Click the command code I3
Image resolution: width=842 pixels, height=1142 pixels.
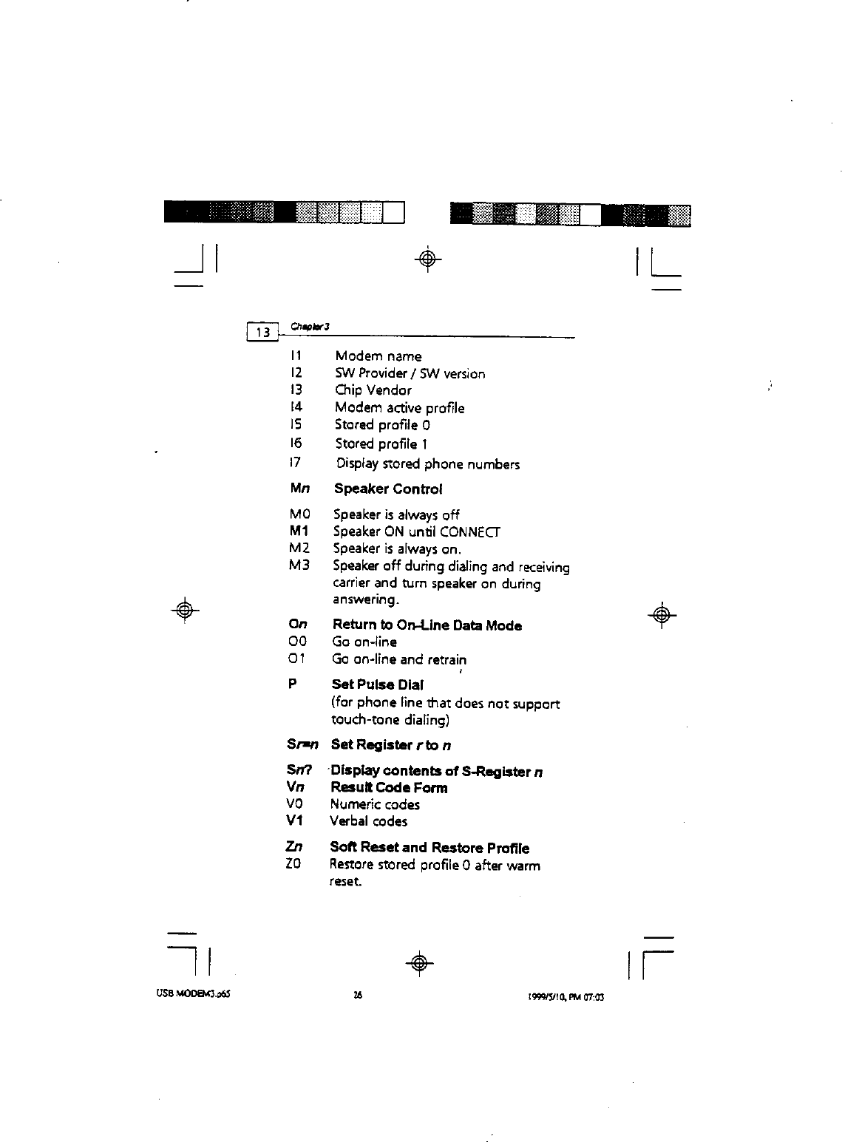click(x=297, y=390)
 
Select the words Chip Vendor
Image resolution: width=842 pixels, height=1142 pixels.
click(x=373, y=390)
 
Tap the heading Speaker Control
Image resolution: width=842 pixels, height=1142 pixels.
click(x=388, y=489)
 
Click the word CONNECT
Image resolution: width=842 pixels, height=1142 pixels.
click(x=469, y=532)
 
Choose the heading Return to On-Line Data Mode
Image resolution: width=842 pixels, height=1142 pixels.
click(x=427, y=626)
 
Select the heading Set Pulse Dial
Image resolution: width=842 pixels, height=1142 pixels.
click(x=377, y=684)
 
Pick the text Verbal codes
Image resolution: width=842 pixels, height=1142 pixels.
click(x=368, y=821)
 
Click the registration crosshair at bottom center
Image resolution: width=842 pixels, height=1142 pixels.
click(x=418, y=962)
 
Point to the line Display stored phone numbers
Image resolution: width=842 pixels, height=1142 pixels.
click(x=427, y=464)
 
